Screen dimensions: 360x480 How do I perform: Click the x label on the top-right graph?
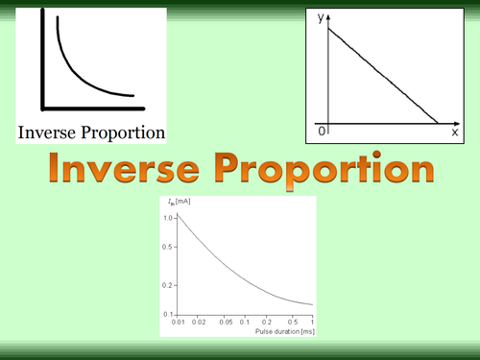454,132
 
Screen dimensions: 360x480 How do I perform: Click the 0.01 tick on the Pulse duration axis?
180,323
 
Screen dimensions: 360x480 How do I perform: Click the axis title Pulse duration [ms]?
284,331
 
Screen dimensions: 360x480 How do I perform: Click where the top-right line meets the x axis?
439,123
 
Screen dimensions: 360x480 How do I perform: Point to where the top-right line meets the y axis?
328,30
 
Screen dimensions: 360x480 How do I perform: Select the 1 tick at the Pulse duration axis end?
311,323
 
